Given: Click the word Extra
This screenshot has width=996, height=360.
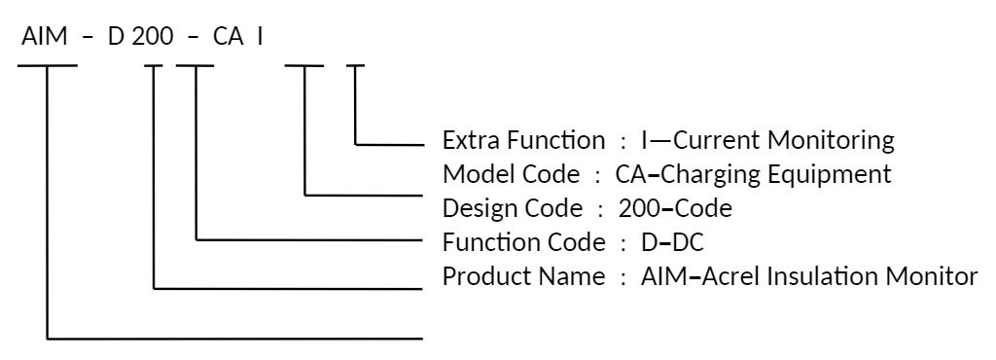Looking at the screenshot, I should (x=466, y=141).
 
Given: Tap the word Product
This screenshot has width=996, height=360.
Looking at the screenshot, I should (x=477, y=275).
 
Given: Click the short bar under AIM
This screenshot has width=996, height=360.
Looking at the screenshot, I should (x=49, y=66).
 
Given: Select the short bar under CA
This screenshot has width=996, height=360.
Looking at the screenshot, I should (x=304, y=66).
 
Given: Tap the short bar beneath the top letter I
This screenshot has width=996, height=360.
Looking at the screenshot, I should (x=356, y=66).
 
